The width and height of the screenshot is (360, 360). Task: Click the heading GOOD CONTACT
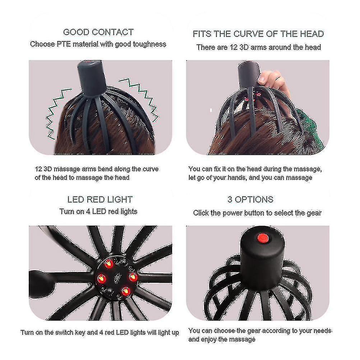(x=98, y=32)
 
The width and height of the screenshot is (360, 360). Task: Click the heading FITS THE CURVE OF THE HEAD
(x=258, y=34)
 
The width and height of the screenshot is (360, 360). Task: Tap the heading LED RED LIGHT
(x=100, y=199)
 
